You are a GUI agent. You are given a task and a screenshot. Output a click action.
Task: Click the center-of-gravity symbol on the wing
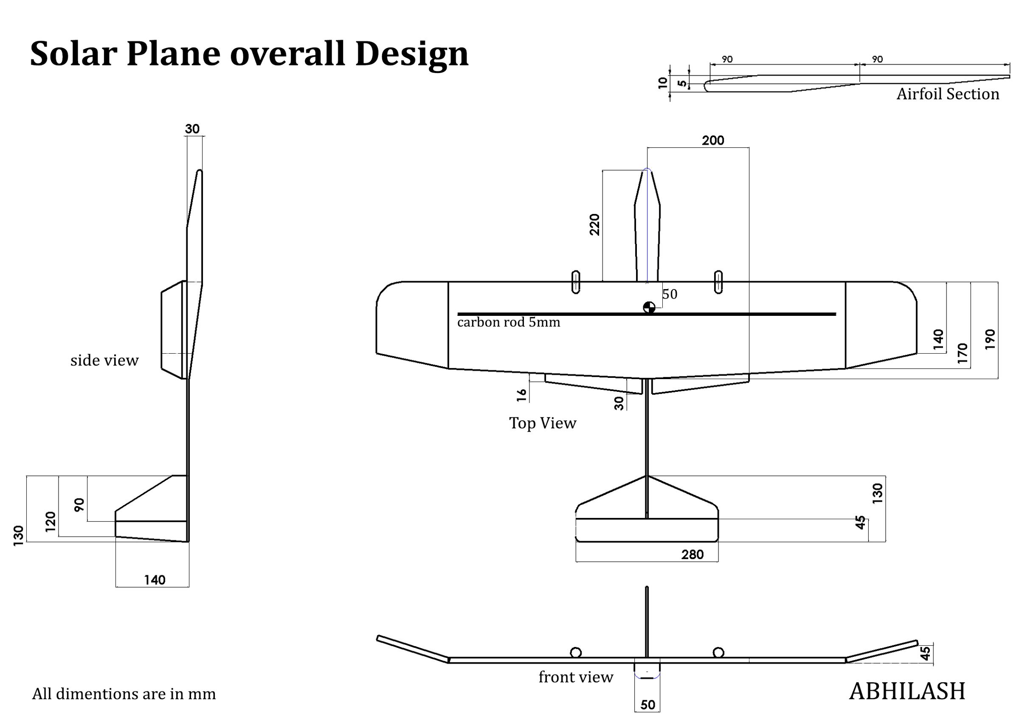649,307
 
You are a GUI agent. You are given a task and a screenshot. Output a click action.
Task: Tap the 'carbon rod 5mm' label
509,322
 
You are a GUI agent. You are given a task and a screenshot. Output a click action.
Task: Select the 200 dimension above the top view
713,140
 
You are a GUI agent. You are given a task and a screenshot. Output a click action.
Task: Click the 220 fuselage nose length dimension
594,225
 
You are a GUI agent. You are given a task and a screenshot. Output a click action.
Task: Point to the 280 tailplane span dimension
692,554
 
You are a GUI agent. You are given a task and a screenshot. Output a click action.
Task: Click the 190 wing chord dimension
990,339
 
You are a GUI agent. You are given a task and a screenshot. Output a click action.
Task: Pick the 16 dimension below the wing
521,395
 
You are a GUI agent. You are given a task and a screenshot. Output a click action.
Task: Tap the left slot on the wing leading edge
576,282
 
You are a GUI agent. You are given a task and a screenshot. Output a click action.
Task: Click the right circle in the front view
718,652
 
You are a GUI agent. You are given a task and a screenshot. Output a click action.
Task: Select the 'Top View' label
542,423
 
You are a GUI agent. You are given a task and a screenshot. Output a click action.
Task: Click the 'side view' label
104,360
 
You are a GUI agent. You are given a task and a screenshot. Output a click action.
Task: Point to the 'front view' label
576,677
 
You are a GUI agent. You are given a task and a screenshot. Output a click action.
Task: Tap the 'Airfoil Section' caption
948,94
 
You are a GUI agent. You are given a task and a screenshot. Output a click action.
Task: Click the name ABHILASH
907,692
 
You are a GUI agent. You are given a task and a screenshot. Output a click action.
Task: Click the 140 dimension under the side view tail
155,580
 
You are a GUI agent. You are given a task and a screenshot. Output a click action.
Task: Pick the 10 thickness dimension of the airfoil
663,83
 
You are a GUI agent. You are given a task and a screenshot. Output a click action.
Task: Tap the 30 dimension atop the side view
192,129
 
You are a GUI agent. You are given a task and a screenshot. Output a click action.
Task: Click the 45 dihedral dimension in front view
925,653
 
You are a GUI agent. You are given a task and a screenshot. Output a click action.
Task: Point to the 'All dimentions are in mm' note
124,694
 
